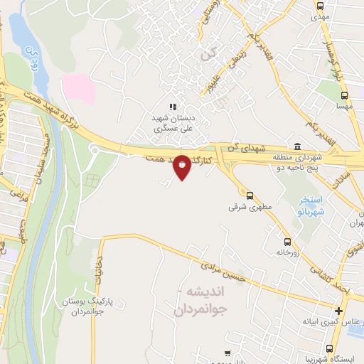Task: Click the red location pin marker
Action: [182, 166]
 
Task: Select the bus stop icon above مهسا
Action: [345, 95]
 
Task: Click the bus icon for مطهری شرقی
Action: [250, 195]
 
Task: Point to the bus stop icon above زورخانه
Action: [287, 240]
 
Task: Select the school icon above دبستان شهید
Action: [172, 107]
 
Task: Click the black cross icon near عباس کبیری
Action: [338, 311]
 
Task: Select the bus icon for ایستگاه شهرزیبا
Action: [329, 348]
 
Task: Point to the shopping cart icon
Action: [227, 353]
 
